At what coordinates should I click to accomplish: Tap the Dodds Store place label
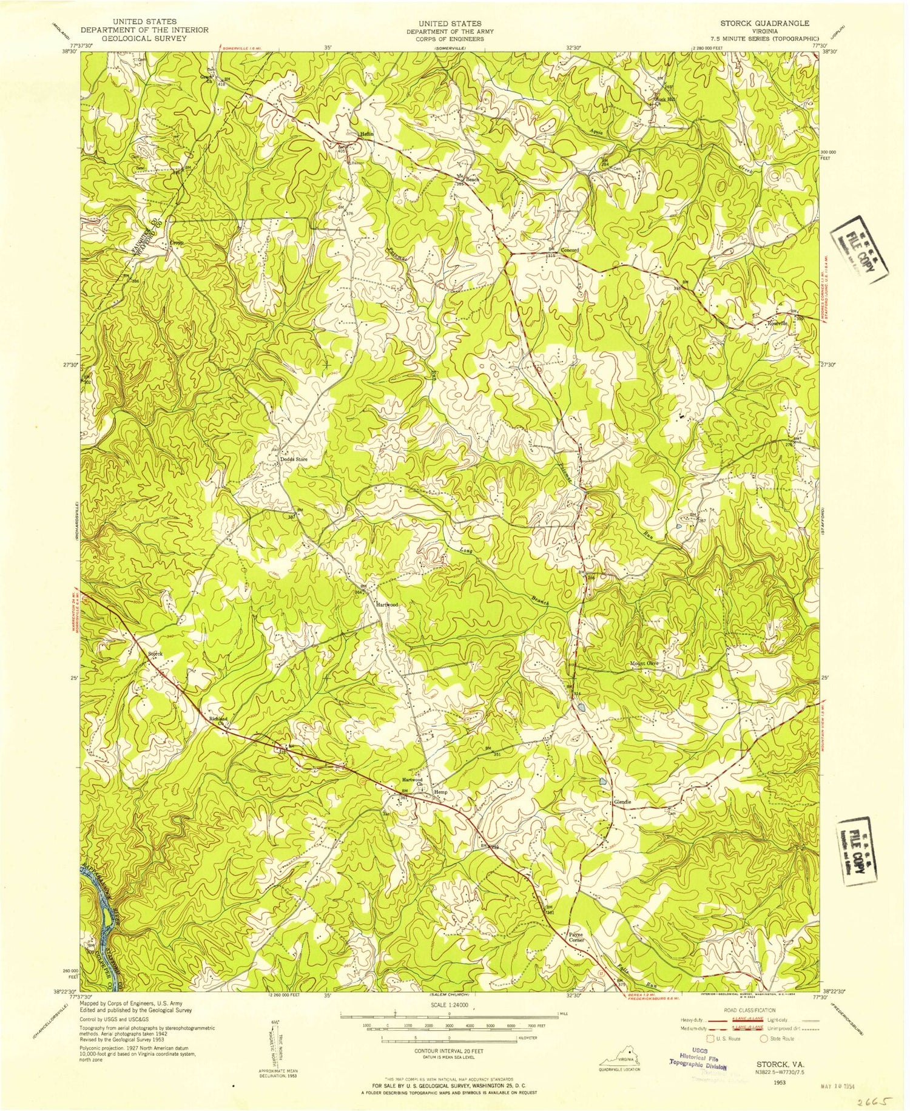coord(294,460)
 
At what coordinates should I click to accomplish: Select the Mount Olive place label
coord(643,663)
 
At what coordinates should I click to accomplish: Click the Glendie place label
coord(622,802)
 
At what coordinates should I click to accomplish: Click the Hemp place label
coord(440,792)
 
